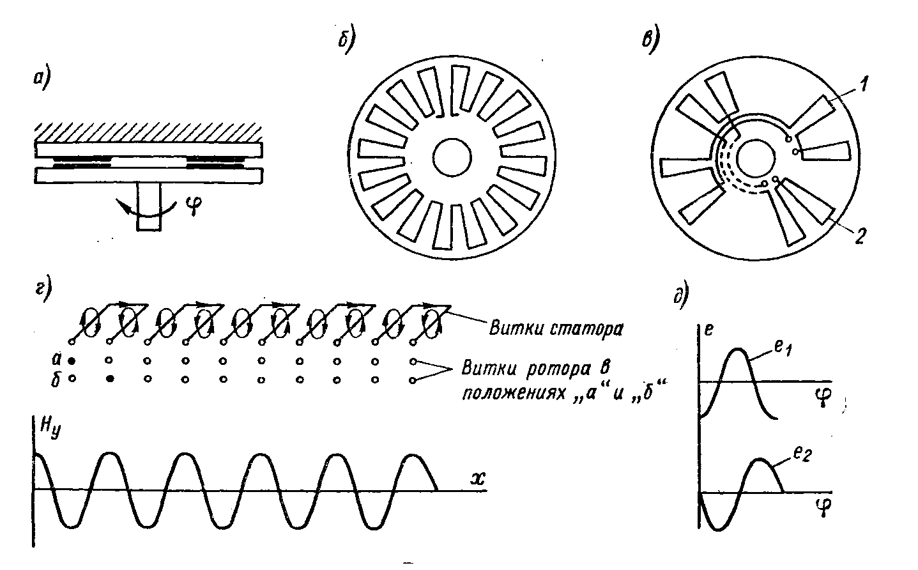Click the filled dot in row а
tap(72, 360)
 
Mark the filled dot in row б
tap(111, 379)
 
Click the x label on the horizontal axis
tap(473, 477)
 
